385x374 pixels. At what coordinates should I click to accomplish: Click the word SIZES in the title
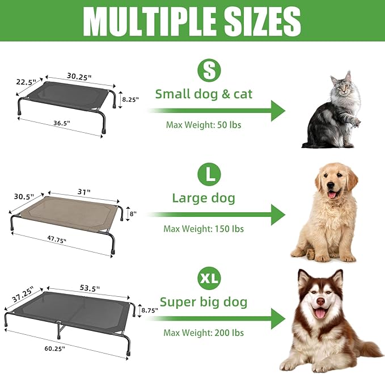(261, 22)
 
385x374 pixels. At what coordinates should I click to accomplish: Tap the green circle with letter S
(208, 70)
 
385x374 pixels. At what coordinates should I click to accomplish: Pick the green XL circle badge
(208, 278)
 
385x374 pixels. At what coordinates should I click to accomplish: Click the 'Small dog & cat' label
(204, 94)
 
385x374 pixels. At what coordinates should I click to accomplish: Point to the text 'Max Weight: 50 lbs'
(204, 124)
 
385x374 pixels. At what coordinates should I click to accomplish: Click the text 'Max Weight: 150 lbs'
(204, 229)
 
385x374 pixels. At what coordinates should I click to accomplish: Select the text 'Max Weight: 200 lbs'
(204, 333)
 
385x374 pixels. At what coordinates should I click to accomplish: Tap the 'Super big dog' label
(204, 302)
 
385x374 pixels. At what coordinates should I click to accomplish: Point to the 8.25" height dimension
(130, 98)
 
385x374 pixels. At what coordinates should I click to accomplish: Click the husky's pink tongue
(321, 314)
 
